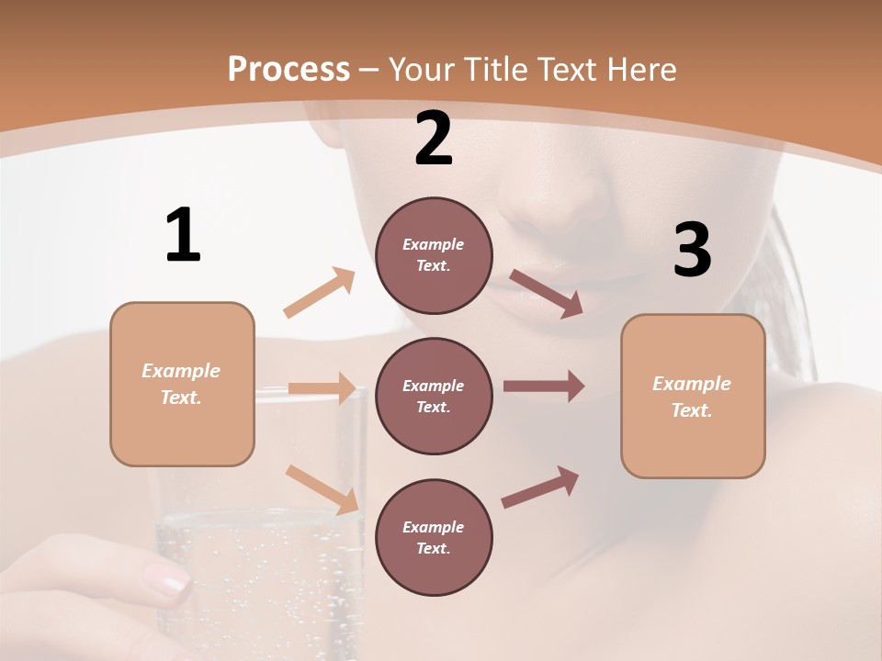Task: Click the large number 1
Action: click(x=183, y=235)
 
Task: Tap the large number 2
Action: click(x=434, y=140)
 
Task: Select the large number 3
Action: click(x=692, y=251)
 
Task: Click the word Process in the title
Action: click(x=288, y=69)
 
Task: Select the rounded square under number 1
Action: click(x=182, y=384)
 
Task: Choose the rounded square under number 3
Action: click(x=693, y=397)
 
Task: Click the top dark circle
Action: click(x=434, y=255)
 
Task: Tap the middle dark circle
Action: click(x=434, y=396)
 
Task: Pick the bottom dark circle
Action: click(x=434, y=537)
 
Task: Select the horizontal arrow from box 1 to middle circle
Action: click(x=322, y=388)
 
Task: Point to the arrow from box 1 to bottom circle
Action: click(x=322, y=488)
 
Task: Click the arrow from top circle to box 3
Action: click(x=547, y=293)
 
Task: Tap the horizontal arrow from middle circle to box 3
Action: click(x=544, y=387)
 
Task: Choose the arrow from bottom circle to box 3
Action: click(x=541, y=487)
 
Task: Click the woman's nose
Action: click(x=560, y=207)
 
